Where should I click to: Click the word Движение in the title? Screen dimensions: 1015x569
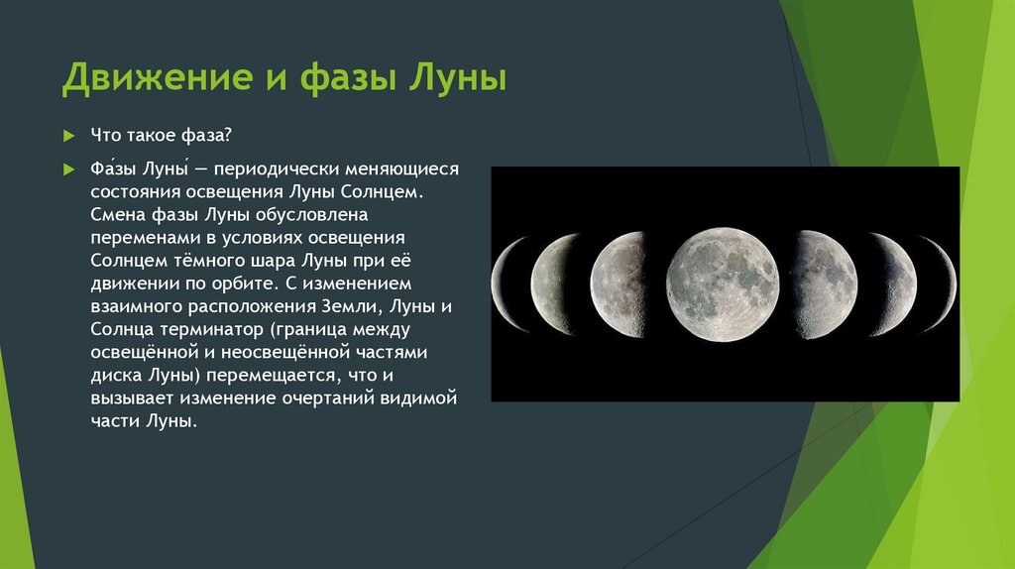pyautogui.click(x=158, y=77)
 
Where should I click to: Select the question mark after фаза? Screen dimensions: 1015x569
pyautogui.click(x=227, y=135)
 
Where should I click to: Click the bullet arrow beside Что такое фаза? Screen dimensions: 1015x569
pyautogui.click(x=69, y=136)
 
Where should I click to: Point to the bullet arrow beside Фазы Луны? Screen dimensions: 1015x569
pyautogui.click(x=69, y=170)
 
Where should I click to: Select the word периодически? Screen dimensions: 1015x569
pyautogui.click(x=277, y=170)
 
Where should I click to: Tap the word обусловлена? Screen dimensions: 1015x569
pyautogui.click(x=311, y=214)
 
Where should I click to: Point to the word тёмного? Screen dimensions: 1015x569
pyautogui.click(x=207, y=261)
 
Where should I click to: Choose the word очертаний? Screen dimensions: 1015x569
pyautogui.click(x=327, y=398)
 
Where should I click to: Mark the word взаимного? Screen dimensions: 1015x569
pyautogui.click(x=137, y=306)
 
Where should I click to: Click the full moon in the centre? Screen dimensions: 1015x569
pyautogui.click(x=723, y=284)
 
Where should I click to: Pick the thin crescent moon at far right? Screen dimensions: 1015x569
pyautogui.click(x=945, y=284)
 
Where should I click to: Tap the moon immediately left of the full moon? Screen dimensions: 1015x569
pyautogui.click(x=618, y=284)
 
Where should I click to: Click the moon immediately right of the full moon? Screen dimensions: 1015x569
pyautogui.click(x=828, y=284)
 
